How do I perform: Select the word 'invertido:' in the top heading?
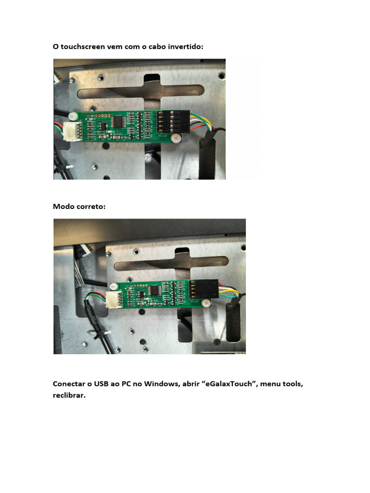(185, 47)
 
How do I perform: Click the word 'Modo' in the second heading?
(62, 207)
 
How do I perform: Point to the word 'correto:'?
(90, 207)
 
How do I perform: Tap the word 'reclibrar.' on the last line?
(69, 395)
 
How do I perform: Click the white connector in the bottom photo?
(114, 299)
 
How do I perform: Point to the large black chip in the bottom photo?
(155, 290)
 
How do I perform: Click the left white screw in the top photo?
(73, 116)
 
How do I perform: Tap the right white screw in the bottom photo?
(206, 303)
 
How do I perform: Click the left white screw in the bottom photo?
(114, 286)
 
